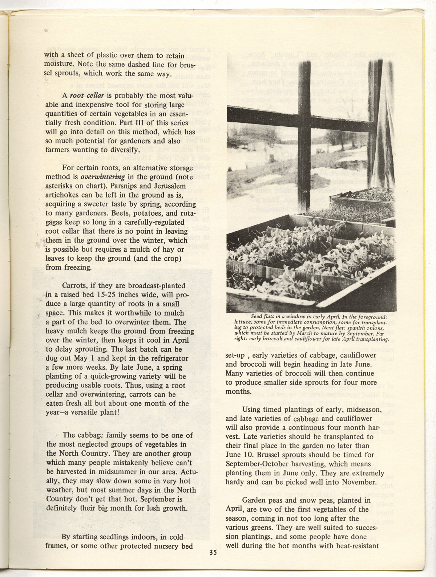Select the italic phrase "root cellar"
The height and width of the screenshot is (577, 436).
[x=84, y=96]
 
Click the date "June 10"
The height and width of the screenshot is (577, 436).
[x=239, y=455]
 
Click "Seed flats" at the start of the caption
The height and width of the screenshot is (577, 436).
[x=268, y=316]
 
